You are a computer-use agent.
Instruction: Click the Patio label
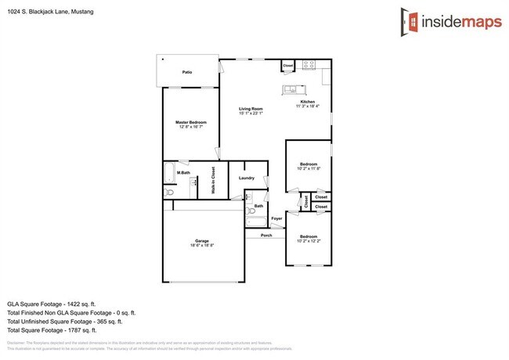point(187,72)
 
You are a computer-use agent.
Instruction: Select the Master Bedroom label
point(191,122)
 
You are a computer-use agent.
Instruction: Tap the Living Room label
point(251,109)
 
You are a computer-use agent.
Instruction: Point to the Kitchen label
point(306,103)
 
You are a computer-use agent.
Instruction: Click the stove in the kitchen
point(309,63)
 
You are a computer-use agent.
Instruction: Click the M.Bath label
point(184,172)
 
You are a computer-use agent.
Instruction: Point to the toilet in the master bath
point(168,193)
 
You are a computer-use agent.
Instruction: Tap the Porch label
point(266,234)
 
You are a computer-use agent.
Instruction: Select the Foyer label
point(276,218)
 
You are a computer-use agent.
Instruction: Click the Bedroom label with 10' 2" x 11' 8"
point(309,164)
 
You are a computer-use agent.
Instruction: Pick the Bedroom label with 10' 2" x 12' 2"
point(309,236)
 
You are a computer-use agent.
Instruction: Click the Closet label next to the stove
point(287,65)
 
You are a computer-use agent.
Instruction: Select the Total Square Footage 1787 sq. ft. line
point(63,331)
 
